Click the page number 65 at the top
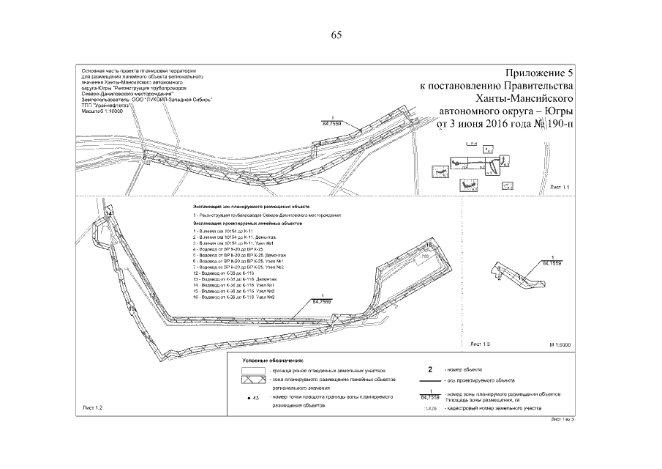point(337,35)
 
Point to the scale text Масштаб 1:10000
point(102,111)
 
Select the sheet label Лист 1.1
point(560,188)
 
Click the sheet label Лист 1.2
point(95,406)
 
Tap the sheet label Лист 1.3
point(479,343)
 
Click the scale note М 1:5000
point(558,343)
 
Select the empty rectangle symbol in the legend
point(252,372)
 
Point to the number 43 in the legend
point(255,397)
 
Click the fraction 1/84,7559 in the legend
point(430,396)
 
